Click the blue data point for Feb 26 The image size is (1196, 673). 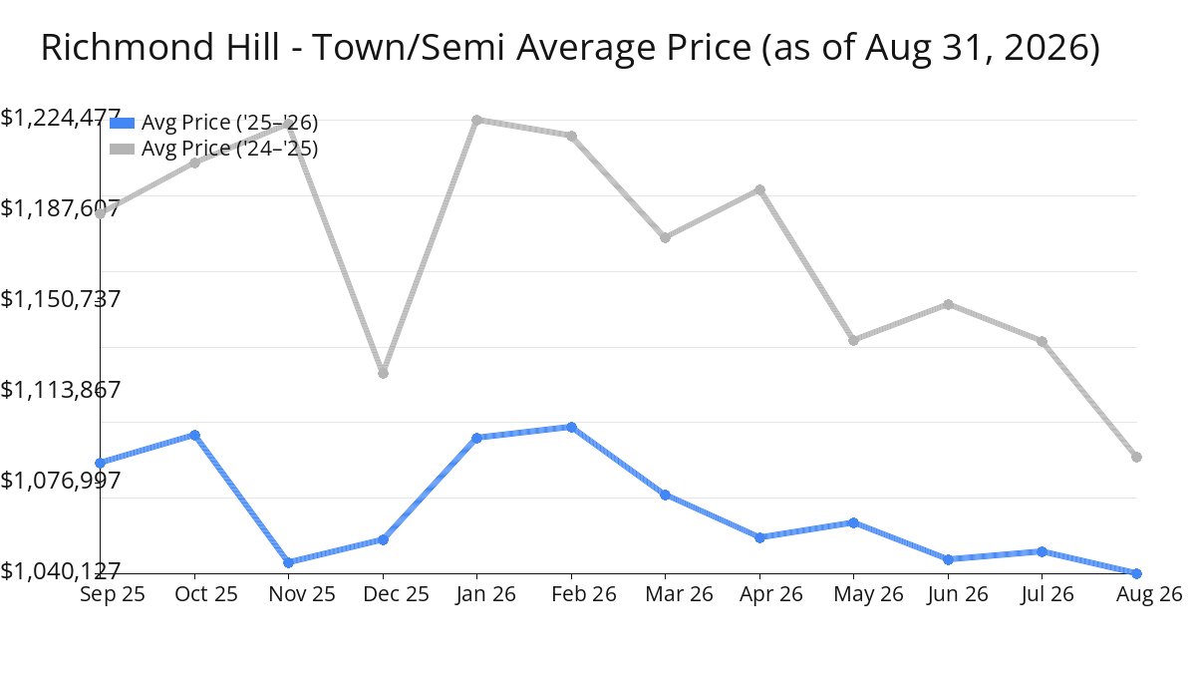click(x=571, y=428)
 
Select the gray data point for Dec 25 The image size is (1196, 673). click(x=383, y=373)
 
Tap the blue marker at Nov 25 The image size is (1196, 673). click(x=288, y=562)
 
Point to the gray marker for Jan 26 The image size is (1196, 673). click(x=476, y=121)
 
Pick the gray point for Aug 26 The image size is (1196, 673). click(x=1137, y=458)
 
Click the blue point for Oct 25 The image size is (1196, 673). click(x=195, y=436)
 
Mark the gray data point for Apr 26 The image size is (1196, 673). click(x=759, y=190)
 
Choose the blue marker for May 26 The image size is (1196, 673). click(x=853, y=522)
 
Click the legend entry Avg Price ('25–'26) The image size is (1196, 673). click(x=213, y=123)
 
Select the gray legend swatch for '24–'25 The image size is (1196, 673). click(x=122, y=149)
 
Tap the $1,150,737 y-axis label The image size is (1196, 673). click(x=61, y=299)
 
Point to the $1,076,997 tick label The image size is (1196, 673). click(x=61, y=481)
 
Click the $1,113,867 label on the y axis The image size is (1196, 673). click(x=61, y=390)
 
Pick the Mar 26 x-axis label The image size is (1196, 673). click(x=679, y=594)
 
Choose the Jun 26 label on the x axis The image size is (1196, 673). click(x=958, y=594)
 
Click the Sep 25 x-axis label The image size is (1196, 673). click(x=112, y=594)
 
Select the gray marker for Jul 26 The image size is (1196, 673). click(x=1042, y=341)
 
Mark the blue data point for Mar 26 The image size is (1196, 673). click(x=665, y=496)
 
